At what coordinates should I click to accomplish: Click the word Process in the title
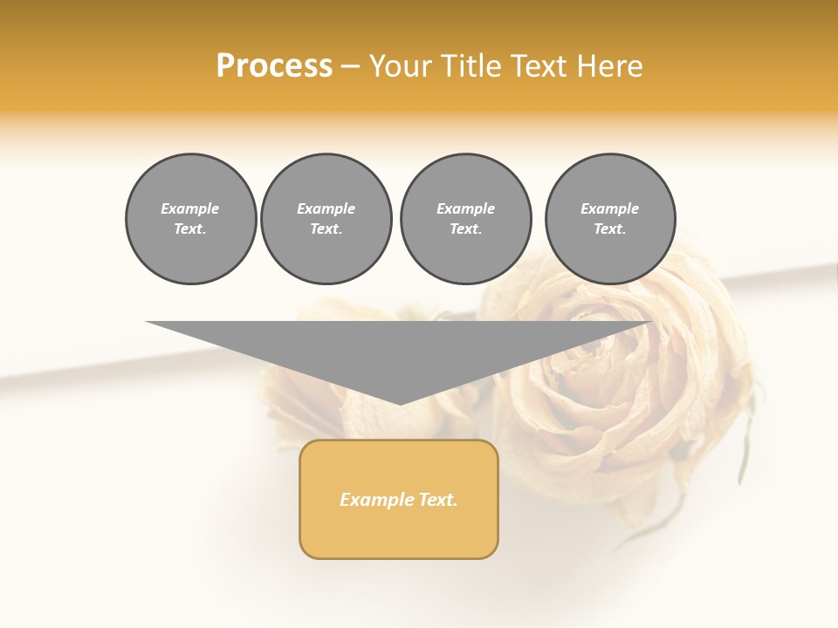pos(274,66)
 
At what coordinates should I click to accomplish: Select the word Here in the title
pos(608,66)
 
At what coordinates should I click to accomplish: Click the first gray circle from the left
pos(190,219)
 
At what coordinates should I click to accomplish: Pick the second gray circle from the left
pos(326,219)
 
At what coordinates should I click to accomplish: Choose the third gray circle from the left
pos(465,219)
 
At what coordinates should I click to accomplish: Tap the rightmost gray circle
pos(609,219)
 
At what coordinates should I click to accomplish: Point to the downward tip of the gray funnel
pos(400,403)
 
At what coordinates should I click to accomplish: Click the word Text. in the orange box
pos(436,500)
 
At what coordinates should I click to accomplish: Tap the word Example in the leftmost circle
pos(190,209)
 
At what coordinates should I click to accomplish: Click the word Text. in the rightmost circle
pos(609,229)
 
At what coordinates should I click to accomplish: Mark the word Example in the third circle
pos(465,209)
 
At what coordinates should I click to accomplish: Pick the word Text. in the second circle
pos(326,229)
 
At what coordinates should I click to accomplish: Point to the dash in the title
pos(350,66)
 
